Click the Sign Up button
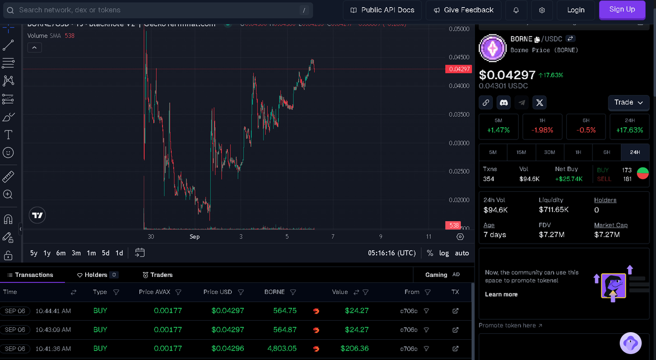tap(622, 10)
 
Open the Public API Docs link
tap(382, 10)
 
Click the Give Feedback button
tap(463, 10)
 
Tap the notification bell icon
tap(516, 10)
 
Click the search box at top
tap(159, 10)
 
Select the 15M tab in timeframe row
tap(521, 152)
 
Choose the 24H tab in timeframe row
tap(635, 152)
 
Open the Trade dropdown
tap(629, 102)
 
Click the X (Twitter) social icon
tap(539, 102)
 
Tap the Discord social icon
tap(504, 102)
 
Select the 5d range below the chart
tap(106, 253)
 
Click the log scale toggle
tap(444, 253)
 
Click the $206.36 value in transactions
tap(354, 349)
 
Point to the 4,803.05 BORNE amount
tap(282, 349)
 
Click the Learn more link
tap(501, 294)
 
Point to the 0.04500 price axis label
tap(458, 57)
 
